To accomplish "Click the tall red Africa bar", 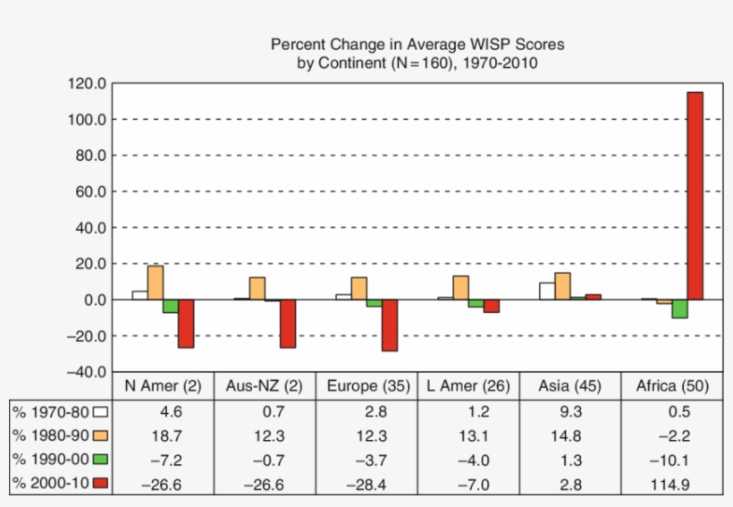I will (x=695, y=196).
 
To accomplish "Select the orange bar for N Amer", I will (x=156, y=283).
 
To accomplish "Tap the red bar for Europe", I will (x=389, y=325).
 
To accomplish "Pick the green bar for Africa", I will (x=679, y=308).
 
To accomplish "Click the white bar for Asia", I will (x=547, y=291).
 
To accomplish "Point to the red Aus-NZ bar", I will (x=288, y=323).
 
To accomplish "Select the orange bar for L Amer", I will (x=460, y=287).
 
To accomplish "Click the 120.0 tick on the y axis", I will (x=86, y=83).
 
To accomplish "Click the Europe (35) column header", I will (x=368, y=386).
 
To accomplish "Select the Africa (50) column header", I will (x=671, y=386).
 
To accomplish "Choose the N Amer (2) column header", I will (x=164, y=386).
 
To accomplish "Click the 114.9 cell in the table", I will (x=671, y=484).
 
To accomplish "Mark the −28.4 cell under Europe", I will (x=368, y=484).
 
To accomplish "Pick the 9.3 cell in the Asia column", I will (x=569, y=411).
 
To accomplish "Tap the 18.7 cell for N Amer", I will (x=164, y=435).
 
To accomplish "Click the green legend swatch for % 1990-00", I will (x=99, y=460).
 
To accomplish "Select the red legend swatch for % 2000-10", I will (x=99, y=484).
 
